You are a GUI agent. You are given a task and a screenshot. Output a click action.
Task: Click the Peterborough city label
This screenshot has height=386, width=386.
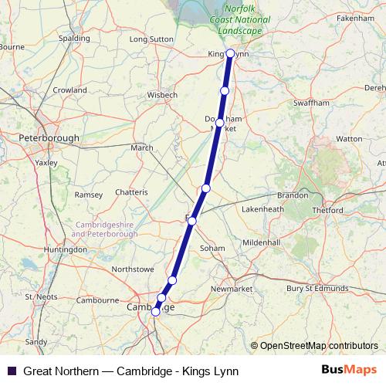[49, 138]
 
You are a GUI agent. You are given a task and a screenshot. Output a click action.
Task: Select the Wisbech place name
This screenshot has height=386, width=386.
[161, 96]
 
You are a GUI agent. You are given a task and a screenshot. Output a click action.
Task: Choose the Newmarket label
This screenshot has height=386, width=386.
[232, 289]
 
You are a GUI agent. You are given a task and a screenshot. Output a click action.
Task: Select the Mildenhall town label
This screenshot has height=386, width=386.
[261, 242]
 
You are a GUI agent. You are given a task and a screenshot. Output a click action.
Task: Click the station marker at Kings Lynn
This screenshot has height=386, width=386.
[230, 53]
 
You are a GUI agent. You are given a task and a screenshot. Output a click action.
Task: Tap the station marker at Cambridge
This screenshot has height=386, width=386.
[156, 312]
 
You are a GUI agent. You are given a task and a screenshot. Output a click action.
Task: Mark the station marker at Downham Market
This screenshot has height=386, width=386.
[220, 123]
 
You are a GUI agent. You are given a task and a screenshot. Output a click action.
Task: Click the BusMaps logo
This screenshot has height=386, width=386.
[348, 370]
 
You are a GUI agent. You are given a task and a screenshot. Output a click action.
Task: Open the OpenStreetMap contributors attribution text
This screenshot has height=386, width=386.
[319, 345]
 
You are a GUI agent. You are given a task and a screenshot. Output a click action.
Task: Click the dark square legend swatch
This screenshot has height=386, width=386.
[11, 371]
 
